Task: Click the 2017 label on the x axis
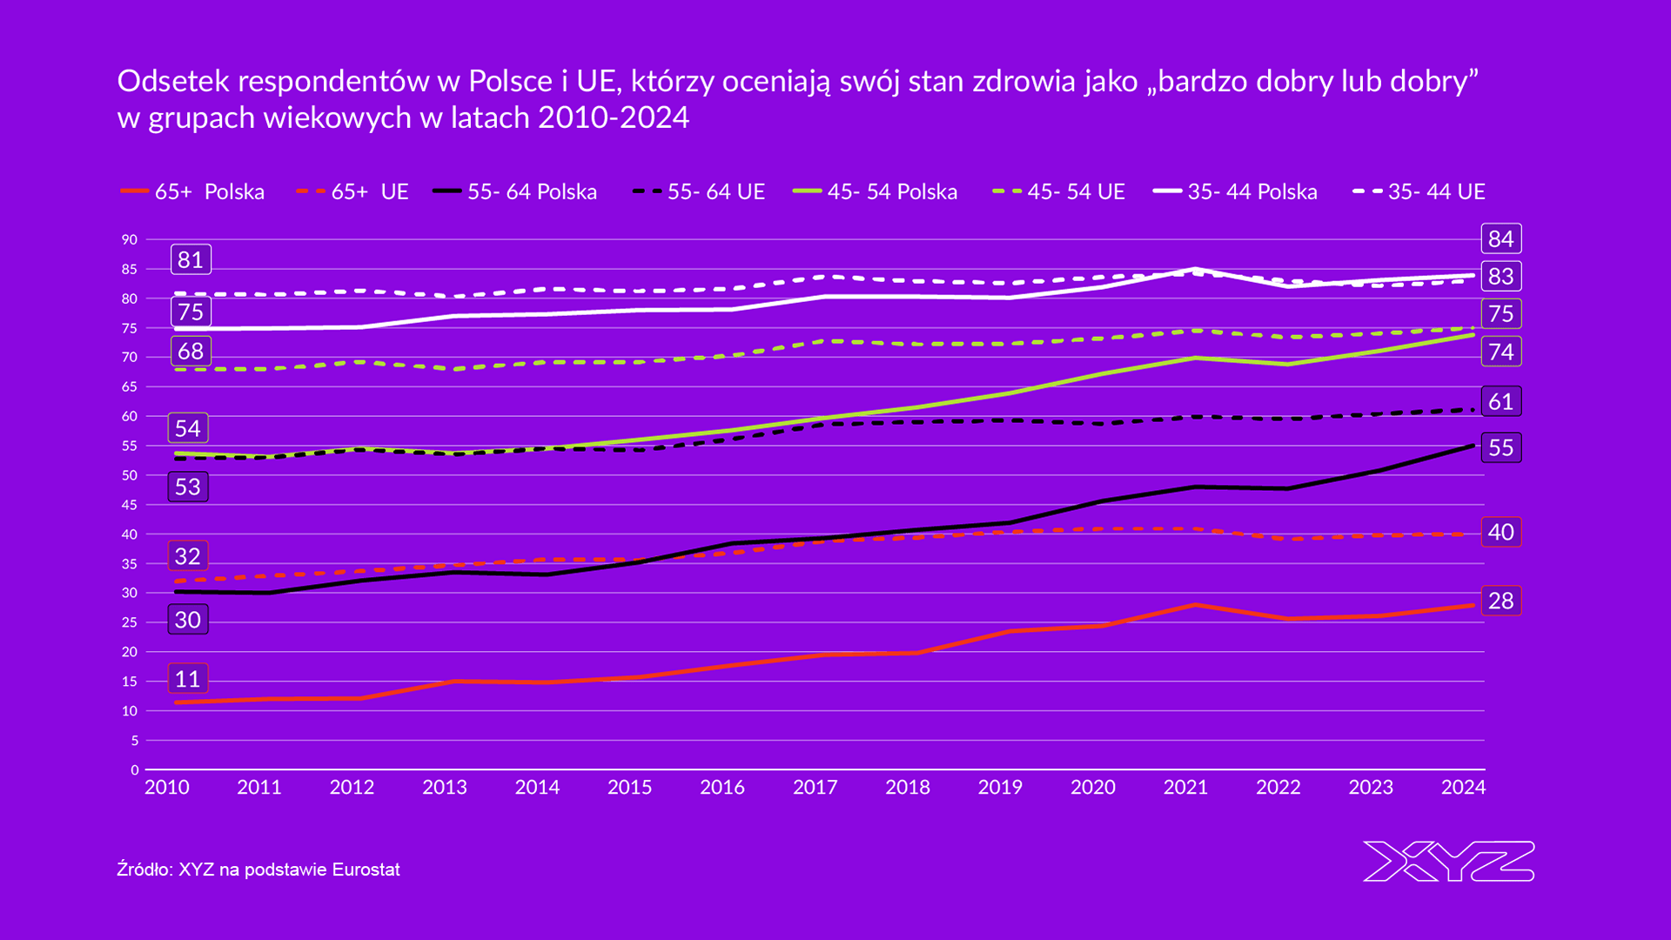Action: (815, 788)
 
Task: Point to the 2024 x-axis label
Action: (1463, 788)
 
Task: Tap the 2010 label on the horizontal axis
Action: (166, 788)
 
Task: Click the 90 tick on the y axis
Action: (130, 239)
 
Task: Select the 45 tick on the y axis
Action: (130, 505)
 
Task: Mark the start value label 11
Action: (188, 679)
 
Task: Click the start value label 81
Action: (191, 259)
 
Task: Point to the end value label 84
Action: (1500, 238)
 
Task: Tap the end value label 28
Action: (1500, 601)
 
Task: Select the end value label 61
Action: (1500, 401)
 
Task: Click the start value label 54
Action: (188, 428)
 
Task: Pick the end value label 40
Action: (1500, 532)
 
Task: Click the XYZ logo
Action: (1448, 862)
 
